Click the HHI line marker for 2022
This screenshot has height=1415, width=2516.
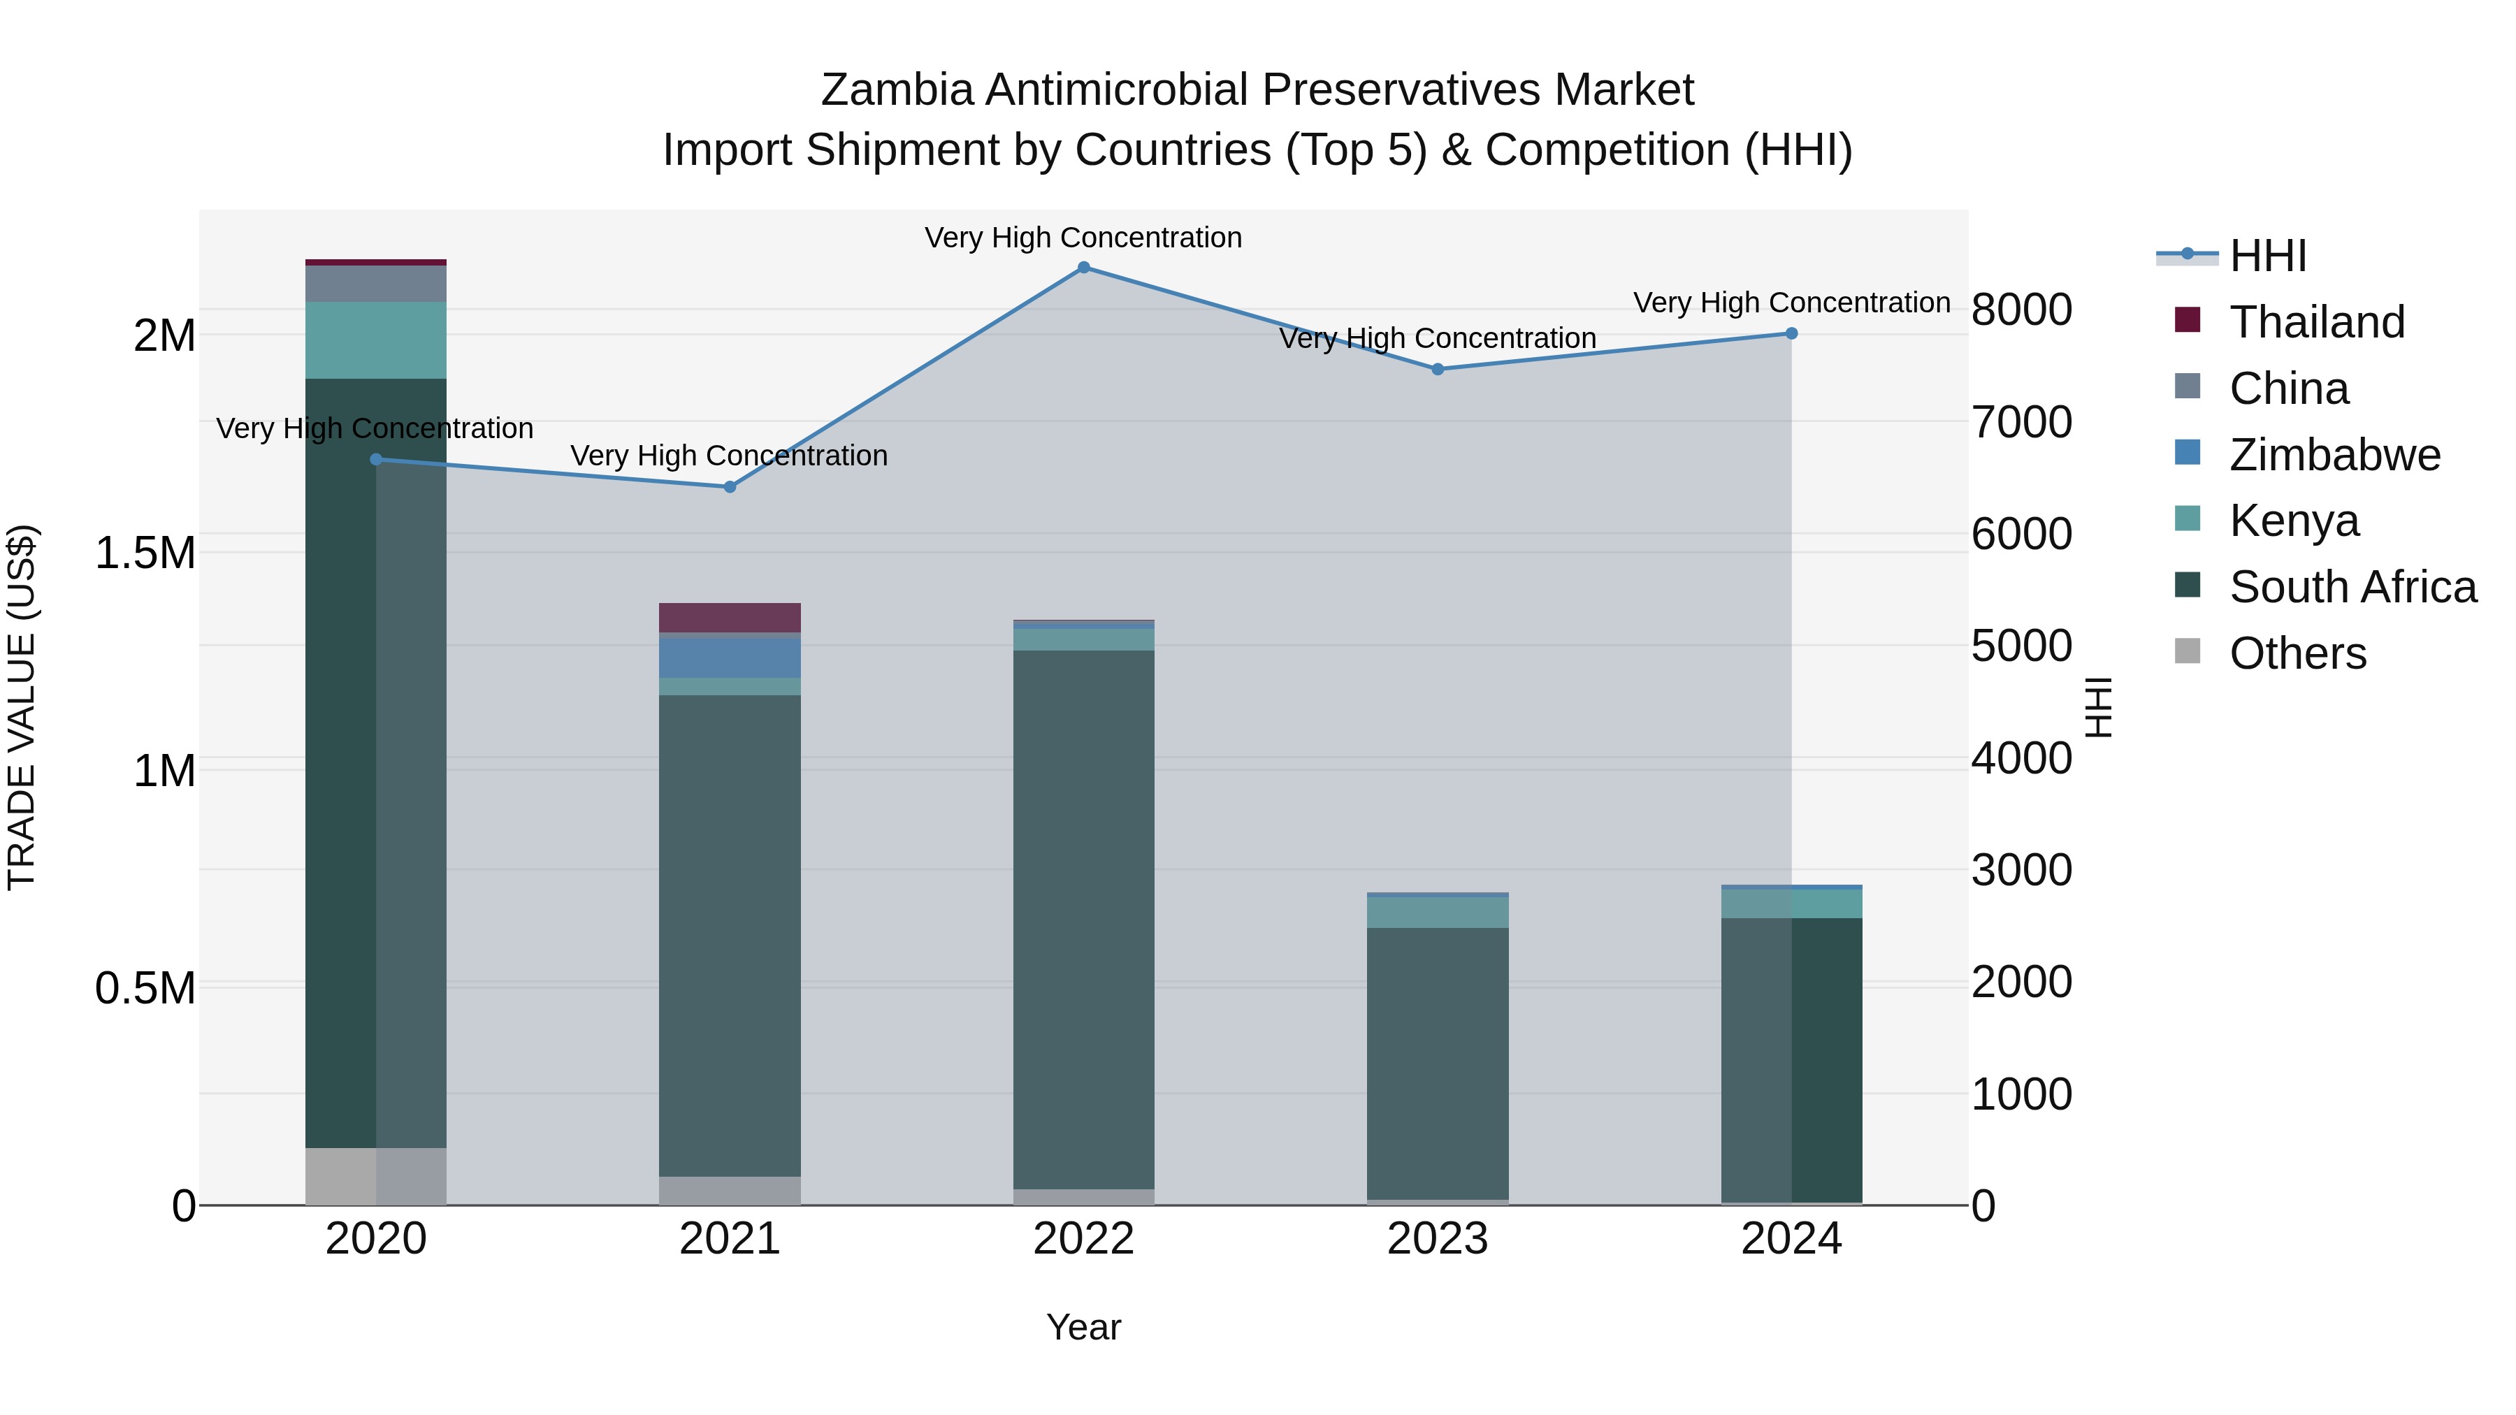pos(1083,268)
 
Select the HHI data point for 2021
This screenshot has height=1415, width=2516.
pos(730,486)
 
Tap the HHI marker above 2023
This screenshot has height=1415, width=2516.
pos(1438,369)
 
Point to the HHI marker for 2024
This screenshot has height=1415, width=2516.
pos(1791,334)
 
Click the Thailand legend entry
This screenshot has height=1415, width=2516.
pos(2317,322)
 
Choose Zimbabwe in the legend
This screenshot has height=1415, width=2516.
pos(2334,455)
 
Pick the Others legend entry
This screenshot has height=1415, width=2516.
pos(2297,653)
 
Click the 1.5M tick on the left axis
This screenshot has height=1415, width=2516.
pos(145,553)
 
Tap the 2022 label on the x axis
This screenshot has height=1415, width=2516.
pos(1083,1240)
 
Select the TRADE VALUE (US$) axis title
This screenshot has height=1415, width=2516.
pos(22,707)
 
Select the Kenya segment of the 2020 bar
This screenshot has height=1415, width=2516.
pos(376,340)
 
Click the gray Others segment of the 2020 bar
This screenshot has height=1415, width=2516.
pos(376,1176)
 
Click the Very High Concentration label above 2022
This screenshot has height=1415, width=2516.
pos(1083,238)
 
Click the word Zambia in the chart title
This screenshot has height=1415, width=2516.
pos(897,91)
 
